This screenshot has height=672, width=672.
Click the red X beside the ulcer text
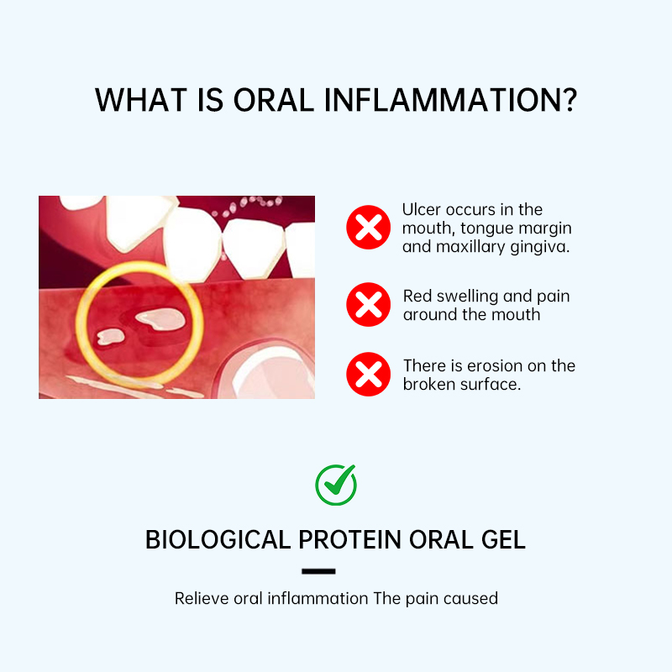coord(368,227)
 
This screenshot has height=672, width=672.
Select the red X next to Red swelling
coord(368,305)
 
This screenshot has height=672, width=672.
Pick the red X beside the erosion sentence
coord(368,374)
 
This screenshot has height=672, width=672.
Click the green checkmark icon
coord(336,485)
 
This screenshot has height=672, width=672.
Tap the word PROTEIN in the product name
coord(354,539)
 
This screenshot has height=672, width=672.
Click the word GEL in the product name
coord(502,539)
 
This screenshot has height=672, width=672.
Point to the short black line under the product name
coord(318,571)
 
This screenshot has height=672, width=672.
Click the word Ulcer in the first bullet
coord(419,210)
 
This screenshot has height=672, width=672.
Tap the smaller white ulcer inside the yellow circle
coord(109,335)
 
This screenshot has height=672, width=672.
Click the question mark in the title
coord(568,99)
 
